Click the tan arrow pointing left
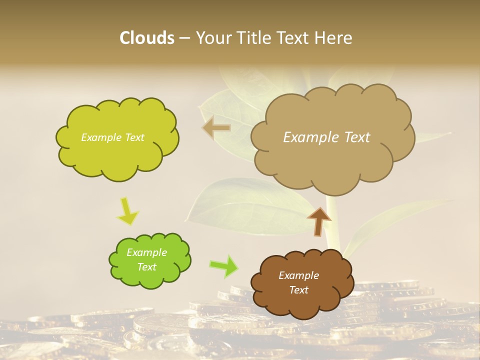tap(216, 128)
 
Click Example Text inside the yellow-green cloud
tap(112, 137)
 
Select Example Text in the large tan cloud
tap(326, 137)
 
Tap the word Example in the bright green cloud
tap(146, 252)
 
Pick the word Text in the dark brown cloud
tap(298, 290)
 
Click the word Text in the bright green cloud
tap(146, 267)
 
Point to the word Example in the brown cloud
tap(298, 275)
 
